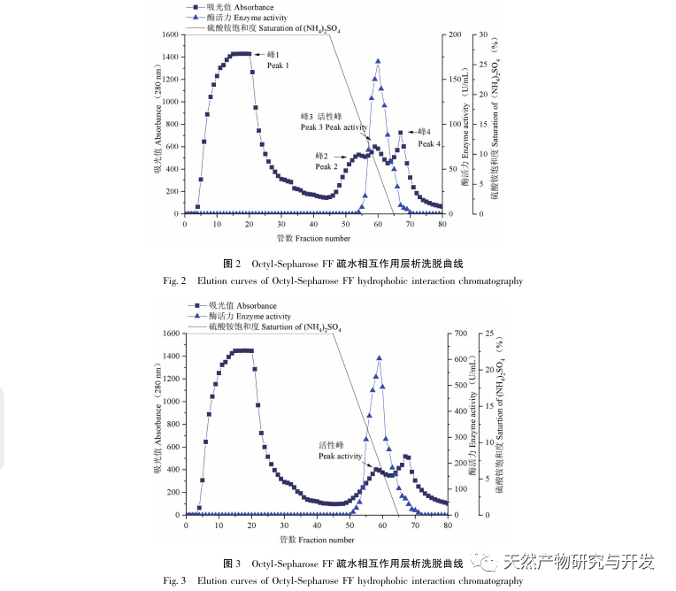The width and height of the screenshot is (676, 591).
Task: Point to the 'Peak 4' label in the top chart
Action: (429, 143)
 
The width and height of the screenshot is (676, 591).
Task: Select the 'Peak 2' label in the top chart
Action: (326, 166)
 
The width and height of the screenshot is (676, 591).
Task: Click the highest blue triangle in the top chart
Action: (378, 61)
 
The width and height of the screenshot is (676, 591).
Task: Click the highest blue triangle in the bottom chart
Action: (380, 357)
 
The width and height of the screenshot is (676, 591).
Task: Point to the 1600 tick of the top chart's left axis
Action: (168, 35)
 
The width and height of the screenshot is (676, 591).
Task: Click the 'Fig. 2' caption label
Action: (174, 281)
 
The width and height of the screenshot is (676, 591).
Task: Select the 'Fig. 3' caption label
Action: (174, 580)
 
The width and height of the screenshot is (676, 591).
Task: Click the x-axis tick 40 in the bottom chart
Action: (317, 525)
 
